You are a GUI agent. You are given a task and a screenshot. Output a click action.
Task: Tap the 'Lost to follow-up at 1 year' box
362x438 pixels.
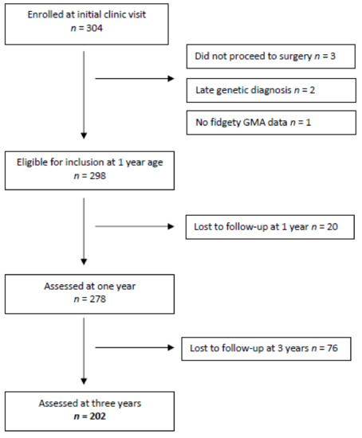(268, 226)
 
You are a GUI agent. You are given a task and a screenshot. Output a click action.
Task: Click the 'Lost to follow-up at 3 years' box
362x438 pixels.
(268, 348)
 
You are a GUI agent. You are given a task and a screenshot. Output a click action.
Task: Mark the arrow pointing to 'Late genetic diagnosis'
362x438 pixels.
(136, 79)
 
